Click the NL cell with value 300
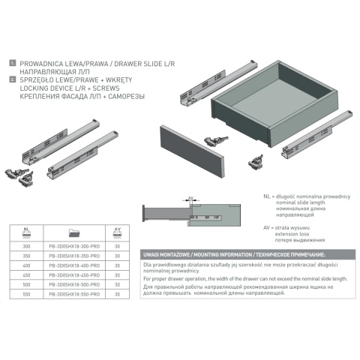27,244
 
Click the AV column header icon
117,232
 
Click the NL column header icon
27,232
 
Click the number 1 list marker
13,64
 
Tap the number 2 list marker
13,77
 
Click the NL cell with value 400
27,265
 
